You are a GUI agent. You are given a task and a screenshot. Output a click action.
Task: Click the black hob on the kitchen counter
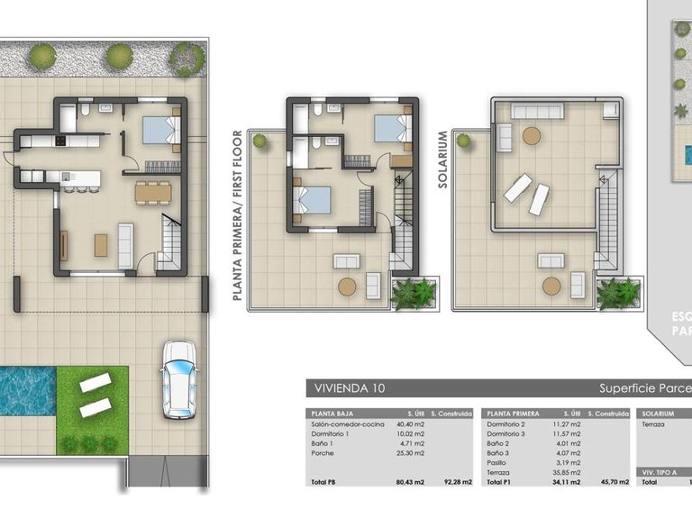point(61,141)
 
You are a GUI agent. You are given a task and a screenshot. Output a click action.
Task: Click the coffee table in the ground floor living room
point(101,244)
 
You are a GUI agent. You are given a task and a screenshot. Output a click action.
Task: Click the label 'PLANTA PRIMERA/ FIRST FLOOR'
point(238,214)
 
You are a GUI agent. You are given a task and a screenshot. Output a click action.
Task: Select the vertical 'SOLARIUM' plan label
point(442,158)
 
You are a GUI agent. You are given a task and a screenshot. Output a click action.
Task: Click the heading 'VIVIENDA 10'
point(347,388)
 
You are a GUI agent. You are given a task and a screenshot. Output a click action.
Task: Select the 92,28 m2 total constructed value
point(453,483)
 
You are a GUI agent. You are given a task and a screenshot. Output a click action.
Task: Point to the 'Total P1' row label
point(500,483)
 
